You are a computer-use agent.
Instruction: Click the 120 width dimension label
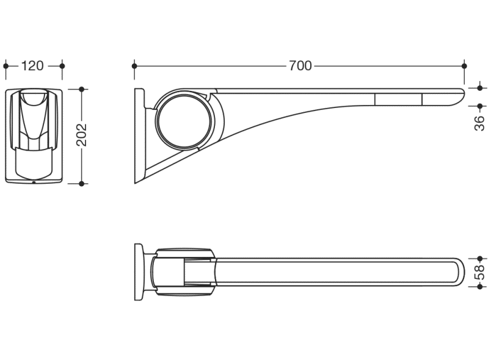[x=32, y=66]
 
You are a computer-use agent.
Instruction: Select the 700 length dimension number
[x=300, y=66]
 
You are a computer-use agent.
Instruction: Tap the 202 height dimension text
[x=82, y=135]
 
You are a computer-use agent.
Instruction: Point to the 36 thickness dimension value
[x=480, y=123]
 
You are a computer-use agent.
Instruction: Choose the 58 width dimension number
[x=480, y=272]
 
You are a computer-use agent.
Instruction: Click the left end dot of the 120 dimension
[x=6, y=66]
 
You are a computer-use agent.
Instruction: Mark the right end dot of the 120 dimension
[x=62, y=66]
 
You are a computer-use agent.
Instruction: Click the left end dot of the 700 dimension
[x=134, y=66]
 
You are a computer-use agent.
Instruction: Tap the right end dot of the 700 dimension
[x=464, y=66]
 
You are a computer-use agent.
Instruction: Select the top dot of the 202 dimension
[x=82, y=89]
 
